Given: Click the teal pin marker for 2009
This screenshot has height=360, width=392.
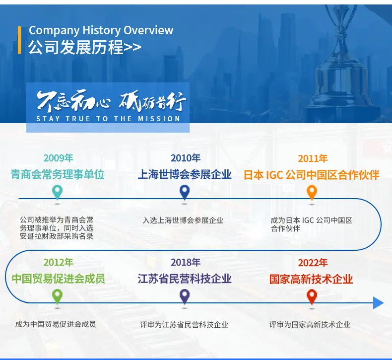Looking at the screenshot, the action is pos(57,192).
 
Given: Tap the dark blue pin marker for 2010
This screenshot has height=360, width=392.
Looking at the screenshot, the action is pos(185,192).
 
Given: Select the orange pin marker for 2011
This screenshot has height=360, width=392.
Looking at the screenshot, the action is pos(312,192).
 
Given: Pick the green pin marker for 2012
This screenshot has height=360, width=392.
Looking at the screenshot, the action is pos(57,296).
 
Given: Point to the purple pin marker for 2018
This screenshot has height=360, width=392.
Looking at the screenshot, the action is pos(185,296).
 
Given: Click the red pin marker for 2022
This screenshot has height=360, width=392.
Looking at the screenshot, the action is pos(312,296).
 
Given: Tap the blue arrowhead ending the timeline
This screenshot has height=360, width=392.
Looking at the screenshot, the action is pos(378,303).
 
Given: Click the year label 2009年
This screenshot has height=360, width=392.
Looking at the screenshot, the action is pos(58,158).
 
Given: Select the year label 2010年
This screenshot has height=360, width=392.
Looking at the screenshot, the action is pos(186,158).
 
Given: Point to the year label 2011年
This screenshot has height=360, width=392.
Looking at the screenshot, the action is pos(313,158).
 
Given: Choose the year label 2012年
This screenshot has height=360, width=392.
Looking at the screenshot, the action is pos(58,263).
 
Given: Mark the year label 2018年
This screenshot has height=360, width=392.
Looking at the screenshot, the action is pos(186,263).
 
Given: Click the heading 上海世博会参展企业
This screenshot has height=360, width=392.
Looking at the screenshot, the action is pos(185,174).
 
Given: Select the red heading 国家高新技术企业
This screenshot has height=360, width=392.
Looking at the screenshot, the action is pos(311,279).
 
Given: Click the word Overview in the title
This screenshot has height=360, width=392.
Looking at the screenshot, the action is pos(148,30).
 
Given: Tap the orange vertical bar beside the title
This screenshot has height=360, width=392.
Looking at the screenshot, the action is pos(19,40).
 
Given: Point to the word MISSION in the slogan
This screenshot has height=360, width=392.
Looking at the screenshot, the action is pos(159,119).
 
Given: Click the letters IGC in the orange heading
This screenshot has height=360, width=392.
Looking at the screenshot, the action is pos(274,175).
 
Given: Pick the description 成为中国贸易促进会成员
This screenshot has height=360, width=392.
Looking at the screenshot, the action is pos(56,324).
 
